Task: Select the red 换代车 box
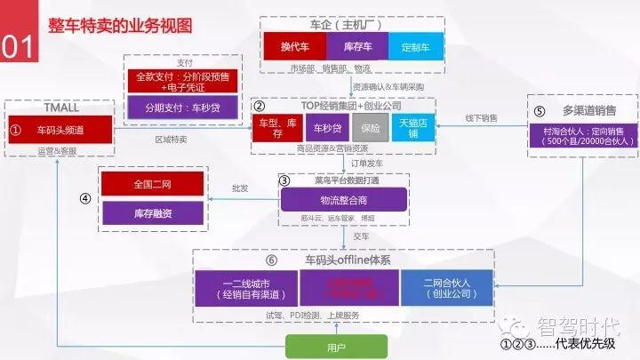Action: (294, 45)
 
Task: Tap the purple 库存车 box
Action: (357, 45)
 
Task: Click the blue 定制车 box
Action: (414, 45)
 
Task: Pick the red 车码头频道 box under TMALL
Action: (61, 129)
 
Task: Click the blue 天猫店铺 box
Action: (412, 127)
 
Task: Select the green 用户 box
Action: (335, 345)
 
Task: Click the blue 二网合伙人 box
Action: (446, 287)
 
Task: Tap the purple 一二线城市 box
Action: (246, 287)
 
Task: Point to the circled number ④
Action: (85, 198)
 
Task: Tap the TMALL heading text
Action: (61, 108)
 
